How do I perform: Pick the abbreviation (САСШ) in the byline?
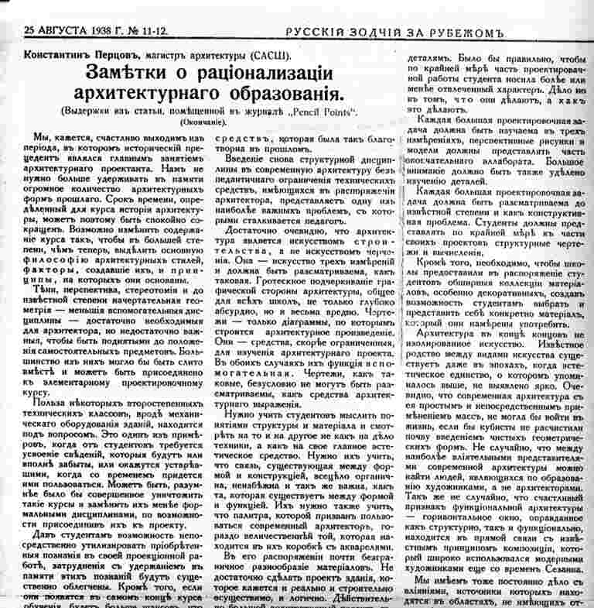click(x=271, y=57)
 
